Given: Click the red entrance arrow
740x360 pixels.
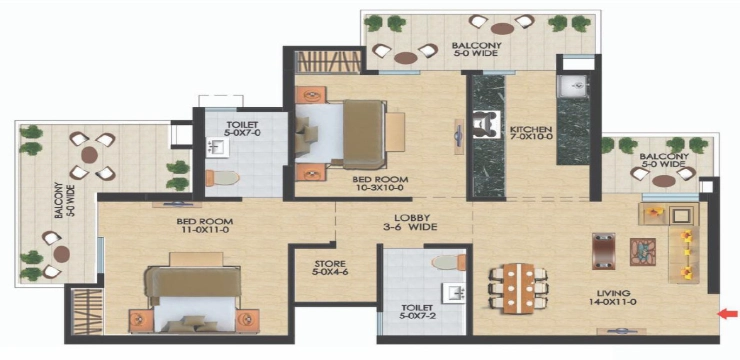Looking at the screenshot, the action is click(729, 313).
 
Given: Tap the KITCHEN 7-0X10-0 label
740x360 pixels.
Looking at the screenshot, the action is click(530, 133).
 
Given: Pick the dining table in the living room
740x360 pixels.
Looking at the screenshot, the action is click(518, 288).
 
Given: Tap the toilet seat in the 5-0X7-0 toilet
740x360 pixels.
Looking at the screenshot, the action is click(222, 178).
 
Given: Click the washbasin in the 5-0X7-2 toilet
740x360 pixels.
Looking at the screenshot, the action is click(453, 293).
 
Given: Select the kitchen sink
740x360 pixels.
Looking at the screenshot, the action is click(572, 86).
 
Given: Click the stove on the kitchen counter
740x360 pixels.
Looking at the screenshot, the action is click(486, 125).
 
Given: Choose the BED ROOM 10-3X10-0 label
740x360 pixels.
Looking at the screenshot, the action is click(380, 184).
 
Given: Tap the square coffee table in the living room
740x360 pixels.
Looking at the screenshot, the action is click(643, 251).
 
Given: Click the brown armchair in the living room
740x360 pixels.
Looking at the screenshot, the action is click(604, 251).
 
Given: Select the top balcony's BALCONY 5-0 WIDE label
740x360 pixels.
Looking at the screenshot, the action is click(476, 49).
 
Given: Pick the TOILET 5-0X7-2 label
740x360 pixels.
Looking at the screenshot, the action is click(424, 312).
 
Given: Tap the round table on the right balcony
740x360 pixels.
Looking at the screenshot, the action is click(664, 181).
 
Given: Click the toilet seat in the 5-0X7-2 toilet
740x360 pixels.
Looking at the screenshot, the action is click(448, 262).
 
